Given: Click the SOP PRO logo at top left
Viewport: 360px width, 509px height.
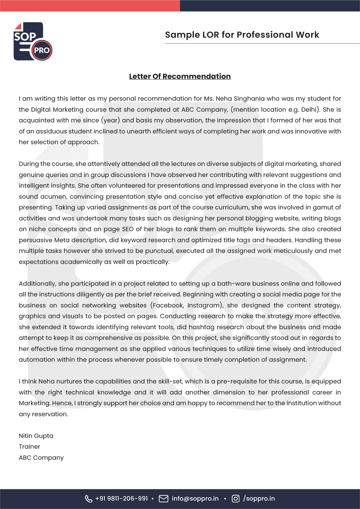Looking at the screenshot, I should (x=33, y=41).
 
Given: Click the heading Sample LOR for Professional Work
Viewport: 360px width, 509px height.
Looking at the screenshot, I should (x=242, y=35).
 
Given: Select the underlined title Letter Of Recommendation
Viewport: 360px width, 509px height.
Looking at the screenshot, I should (x=180, y=76).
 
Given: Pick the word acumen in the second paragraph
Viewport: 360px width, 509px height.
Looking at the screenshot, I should (x=53, y=197).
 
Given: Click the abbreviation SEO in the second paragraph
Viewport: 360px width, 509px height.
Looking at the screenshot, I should (x=128, y=229).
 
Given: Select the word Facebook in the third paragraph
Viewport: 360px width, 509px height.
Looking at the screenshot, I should (x=168, y=305).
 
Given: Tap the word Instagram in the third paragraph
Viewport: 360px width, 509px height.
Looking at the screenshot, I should (x=204, y=305).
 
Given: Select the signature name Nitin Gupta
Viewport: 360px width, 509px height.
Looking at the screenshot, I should (x=36, y=436).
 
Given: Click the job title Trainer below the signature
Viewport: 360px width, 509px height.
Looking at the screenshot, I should (x=29, y=447).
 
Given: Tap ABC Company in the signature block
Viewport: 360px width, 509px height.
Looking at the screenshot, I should (x=41, y=458).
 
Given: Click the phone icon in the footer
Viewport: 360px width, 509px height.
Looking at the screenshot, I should (x=88, y=499).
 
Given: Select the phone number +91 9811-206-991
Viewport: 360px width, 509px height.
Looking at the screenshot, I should (x=122, y=499).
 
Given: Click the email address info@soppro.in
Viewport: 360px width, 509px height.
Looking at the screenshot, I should (x=195, y=499).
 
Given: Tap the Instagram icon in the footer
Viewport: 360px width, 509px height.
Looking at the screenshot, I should (x=236, y=499).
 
